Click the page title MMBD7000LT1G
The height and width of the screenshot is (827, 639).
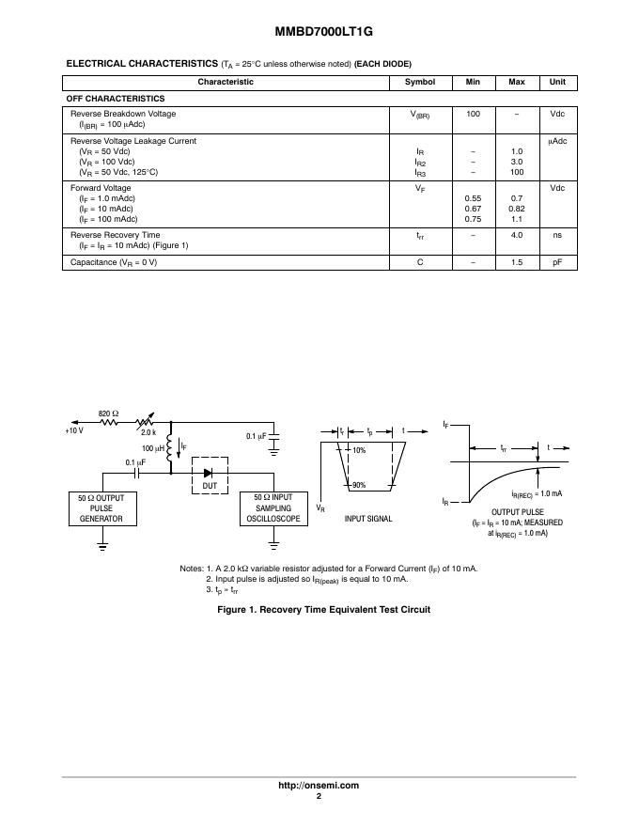tap(319, 31)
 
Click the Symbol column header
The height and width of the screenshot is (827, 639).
tap(419, 82)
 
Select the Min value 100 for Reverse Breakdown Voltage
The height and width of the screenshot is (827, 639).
tap(473, 114)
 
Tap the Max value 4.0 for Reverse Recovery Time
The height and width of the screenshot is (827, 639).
tap(516, 235)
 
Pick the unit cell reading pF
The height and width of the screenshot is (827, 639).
tap(557, 261)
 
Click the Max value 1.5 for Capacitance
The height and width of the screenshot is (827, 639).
tap(516, 261)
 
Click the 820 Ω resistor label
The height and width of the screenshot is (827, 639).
tap(109, 413)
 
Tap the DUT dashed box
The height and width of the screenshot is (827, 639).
tap(209, 476)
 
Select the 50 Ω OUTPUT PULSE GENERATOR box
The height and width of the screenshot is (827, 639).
tap(101, 508)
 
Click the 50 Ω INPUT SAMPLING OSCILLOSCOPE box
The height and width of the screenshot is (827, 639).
tap(273, 508)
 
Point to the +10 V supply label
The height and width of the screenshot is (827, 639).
tap(74, 430)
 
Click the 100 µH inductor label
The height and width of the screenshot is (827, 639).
tap(153, 449)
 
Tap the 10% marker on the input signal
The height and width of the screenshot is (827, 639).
tap(359, 450)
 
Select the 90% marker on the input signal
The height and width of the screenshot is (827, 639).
tap(358, 485)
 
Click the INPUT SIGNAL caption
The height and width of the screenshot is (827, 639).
tap(368, 519)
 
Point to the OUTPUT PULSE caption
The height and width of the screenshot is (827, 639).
tap(511, 511)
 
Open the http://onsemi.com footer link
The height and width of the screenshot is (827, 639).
tap(319, 785)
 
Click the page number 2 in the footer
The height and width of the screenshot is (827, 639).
tap(319, 796)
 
